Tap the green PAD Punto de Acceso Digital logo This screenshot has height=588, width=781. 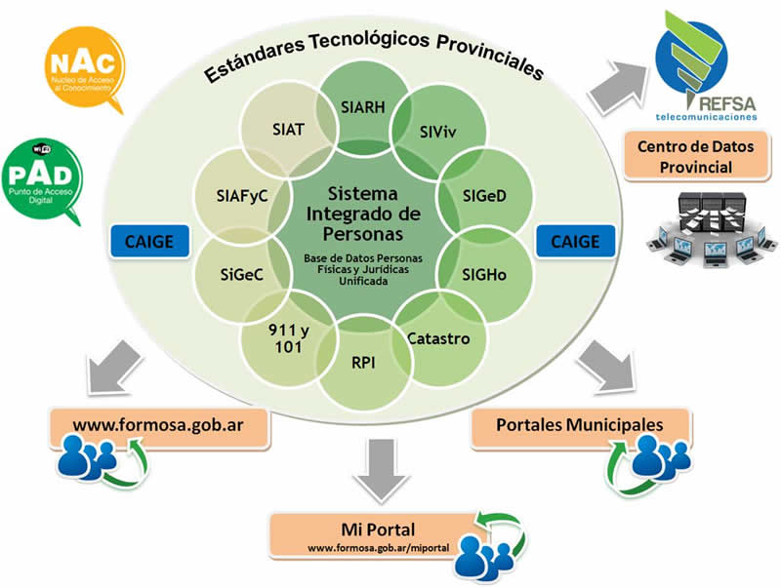pos(42,179)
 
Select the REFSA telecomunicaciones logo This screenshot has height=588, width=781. pos(705,65)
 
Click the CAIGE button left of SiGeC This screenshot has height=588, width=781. pos(149,241)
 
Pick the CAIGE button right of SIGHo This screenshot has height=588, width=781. pos(575,241)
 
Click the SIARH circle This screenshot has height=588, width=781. pos(363,107)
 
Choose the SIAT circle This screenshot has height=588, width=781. pos(288,130)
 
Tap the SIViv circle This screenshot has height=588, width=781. pos(437,132)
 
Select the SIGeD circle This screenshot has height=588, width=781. pos(484,195)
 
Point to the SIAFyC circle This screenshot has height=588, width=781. pos(242,195)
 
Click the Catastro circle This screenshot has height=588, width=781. pos(438,339)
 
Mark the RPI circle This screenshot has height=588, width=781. pos(363,362)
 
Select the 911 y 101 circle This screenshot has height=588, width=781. pos(289,338)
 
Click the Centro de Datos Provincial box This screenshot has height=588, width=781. pos(696,156)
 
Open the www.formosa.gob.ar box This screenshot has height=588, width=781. pos(158,427)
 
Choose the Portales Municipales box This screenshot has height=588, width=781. pos(580,426)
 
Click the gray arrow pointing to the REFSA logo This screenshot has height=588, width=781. pos(618,86)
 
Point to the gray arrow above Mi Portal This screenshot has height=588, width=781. pos(381,470)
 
